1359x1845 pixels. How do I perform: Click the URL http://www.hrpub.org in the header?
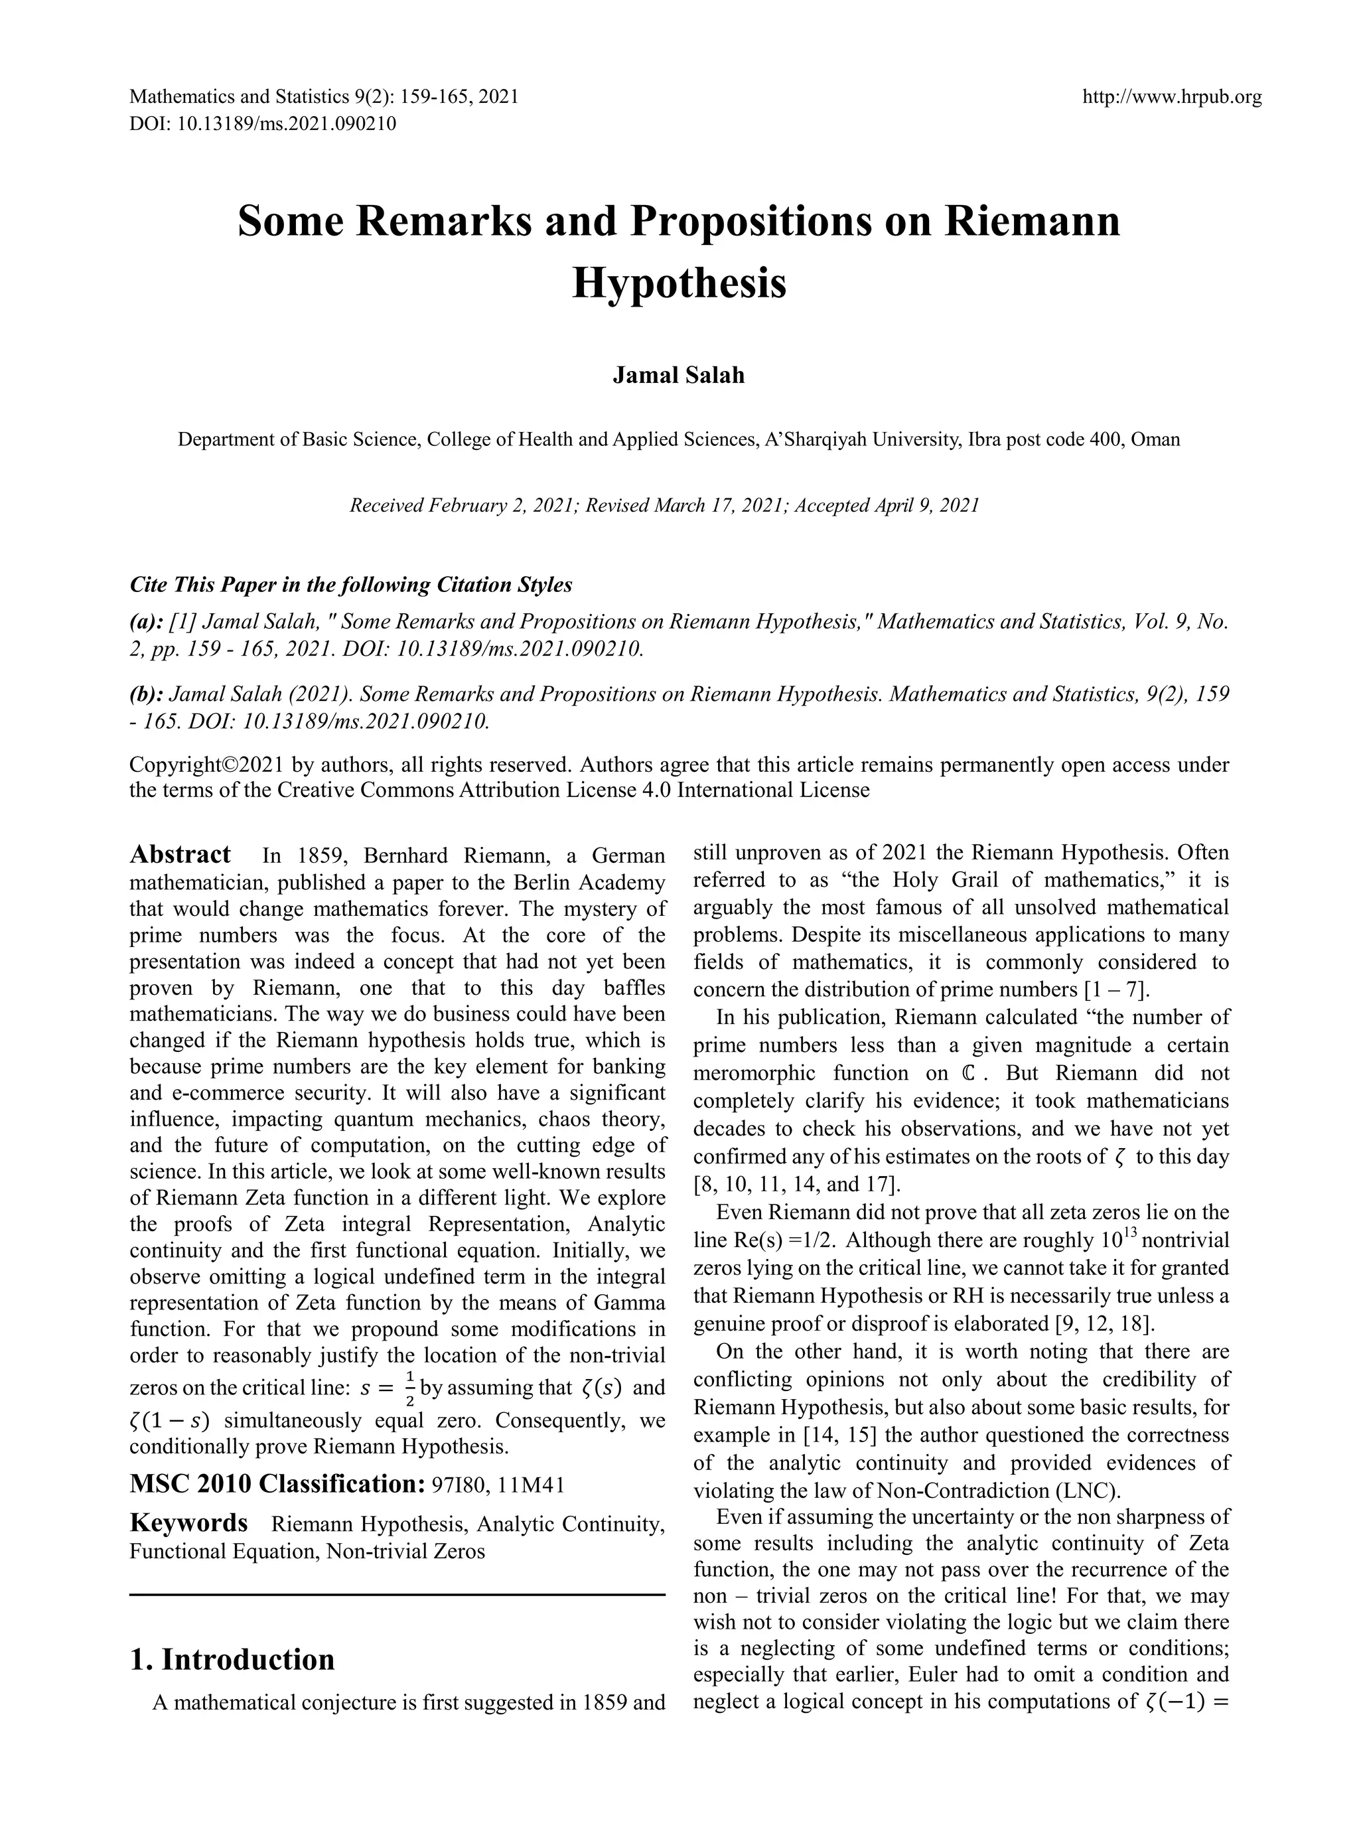(x=1171, y=98)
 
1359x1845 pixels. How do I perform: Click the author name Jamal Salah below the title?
(x=679, y=376)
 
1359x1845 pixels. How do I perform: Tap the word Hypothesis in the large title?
(x=679, y=283)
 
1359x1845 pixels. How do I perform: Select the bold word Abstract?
(x=180, y=855)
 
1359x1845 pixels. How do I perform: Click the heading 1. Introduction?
(x=232, y=1659)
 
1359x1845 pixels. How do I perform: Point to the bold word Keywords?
(x=188, y=1523)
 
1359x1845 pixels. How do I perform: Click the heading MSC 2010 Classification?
(x=275, y=1485)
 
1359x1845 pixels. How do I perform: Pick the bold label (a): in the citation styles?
(x=145, y=622)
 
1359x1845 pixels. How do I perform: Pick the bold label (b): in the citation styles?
(x=145, y=694)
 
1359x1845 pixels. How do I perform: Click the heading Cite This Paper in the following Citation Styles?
(x=350, y=585)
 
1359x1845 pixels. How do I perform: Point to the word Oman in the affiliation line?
(x=1155, y=439)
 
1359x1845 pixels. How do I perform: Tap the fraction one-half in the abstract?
(x=409, y=1388)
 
